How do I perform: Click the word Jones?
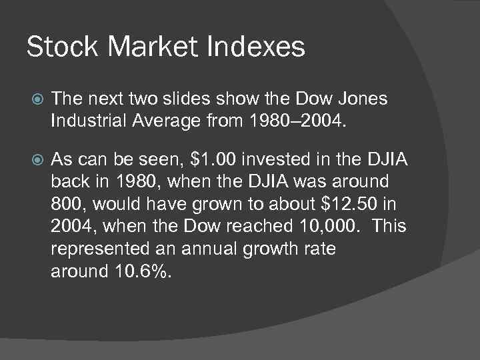tap(363, 99)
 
